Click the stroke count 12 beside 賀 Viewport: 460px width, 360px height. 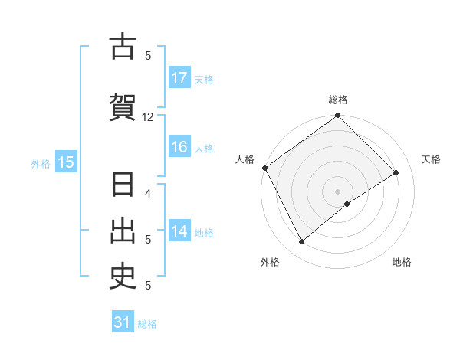(x=148, y=116)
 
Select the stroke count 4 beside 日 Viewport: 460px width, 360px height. (x=148, y=193)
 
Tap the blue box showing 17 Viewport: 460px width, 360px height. (x=179, y=78)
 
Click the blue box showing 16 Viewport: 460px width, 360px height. (x=179, y=147)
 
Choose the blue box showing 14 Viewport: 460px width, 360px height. (x=179, y=231)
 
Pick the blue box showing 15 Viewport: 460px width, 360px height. (x=65, y=162)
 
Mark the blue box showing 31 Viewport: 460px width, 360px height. (x=123, y=322)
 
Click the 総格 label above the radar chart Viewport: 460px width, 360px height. (x=338, y=100)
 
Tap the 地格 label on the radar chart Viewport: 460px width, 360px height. (x=402, y=262)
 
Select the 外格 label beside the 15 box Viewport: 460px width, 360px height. (x=41, y=163)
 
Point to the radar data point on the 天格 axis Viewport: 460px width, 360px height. (x=396, y=172)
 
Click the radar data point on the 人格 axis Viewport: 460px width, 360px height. (x=264, y=168)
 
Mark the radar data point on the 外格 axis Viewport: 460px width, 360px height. (x=301, y=242)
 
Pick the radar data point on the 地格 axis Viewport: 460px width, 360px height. (x=347, y=204)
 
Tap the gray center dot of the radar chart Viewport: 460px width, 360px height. (x=338, y=191)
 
